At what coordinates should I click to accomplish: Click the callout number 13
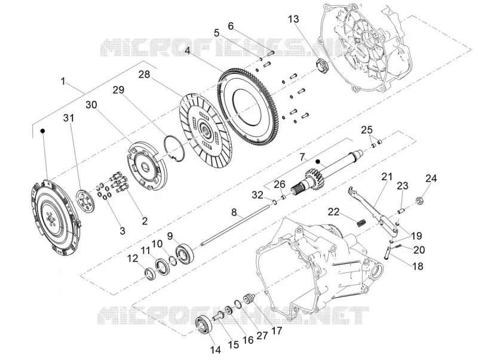pyautogui.click(x=294, y=20)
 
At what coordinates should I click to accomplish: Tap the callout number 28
pyautogui.click(x=144, y=74)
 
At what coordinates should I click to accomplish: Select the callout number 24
pyautogui.click(x=431, y=178)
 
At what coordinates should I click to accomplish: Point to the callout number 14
pyautogui.click(x=215, y=350)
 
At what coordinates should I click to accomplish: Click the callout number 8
pyautogui.click(x=234, y=212)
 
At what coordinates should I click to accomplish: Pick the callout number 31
pyautogui.click(x=69, y=118)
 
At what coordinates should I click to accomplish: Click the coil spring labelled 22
pyautogui.click(x=361, y=223)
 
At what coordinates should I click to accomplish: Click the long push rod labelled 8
pyautogui.click(x=235, y=225)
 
